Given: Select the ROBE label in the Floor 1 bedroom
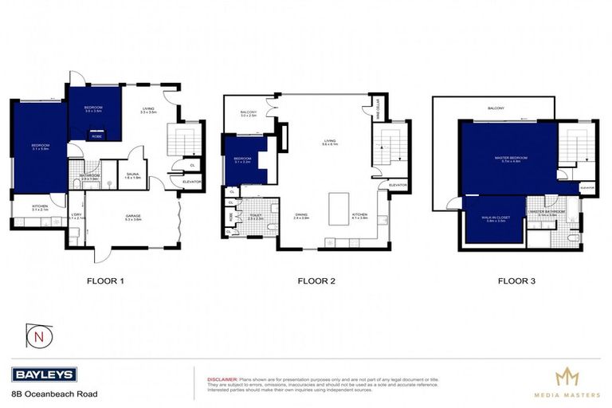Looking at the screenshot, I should point(97,136).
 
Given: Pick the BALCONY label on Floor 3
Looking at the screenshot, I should point(496,108).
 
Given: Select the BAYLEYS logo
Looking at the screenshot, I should point(44,375).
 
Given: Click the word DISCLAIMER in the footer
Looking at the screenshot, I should point(222,379).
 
